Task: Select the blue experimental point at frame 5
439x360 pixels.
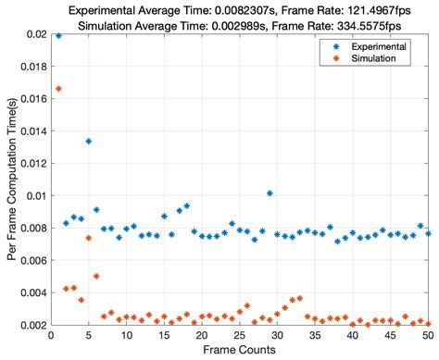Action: pyautogui.click(x=89, y=142)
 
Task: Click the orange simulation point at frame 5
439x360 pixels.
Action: pyautogui.click(x=89, y=238)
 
